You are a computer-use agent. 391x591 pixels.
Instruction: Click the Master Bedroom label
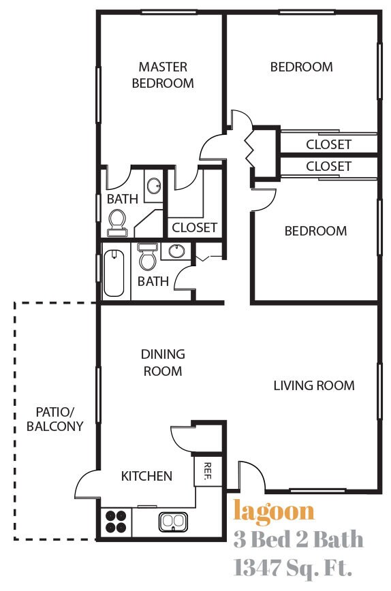(163, 75)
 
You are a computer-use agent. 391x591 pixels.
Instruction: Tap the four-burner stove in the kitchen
(116, 522)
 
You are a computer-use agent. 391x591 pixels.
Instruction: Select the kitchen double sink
(173, 522)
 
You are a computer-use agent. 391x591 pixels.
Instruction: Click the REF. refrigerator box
(207, 470)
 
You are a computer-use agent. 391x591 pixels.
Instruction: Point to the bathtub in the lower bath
(114, 273)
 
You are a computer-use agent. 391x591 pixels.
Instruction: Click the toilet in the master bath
(117, 223)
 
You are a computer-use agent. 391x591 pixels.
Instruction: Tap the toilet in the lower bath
(147, 256)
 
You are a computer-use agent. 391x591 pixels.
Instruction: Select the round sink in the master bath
(154, 185)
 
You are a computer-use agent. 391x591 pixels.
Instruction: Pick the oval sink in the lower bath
(176, 251)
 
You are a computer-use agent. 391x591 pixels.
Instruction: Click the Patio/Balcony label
(55, 419)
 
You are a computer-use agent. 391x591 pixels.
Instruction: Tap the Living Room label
(314, 385)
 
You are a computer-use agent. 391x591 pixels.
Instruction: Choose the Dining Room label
(163, 363)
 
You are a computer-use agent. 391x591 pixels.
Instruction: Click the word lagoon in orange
(274, 512)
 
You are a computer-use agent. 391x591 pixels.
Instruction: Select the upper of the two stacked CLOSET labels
(329, 144)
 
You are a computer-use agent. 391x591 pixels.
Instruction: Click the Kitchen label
(146, 476)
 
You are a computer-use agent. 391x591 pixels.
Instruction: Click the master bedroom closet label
(195, 227)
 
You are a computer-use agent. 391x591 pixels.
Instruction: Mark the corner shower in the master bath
(148, 224)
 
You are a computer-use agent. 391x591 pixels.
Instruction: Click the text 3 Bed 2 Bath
(298, 539)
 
